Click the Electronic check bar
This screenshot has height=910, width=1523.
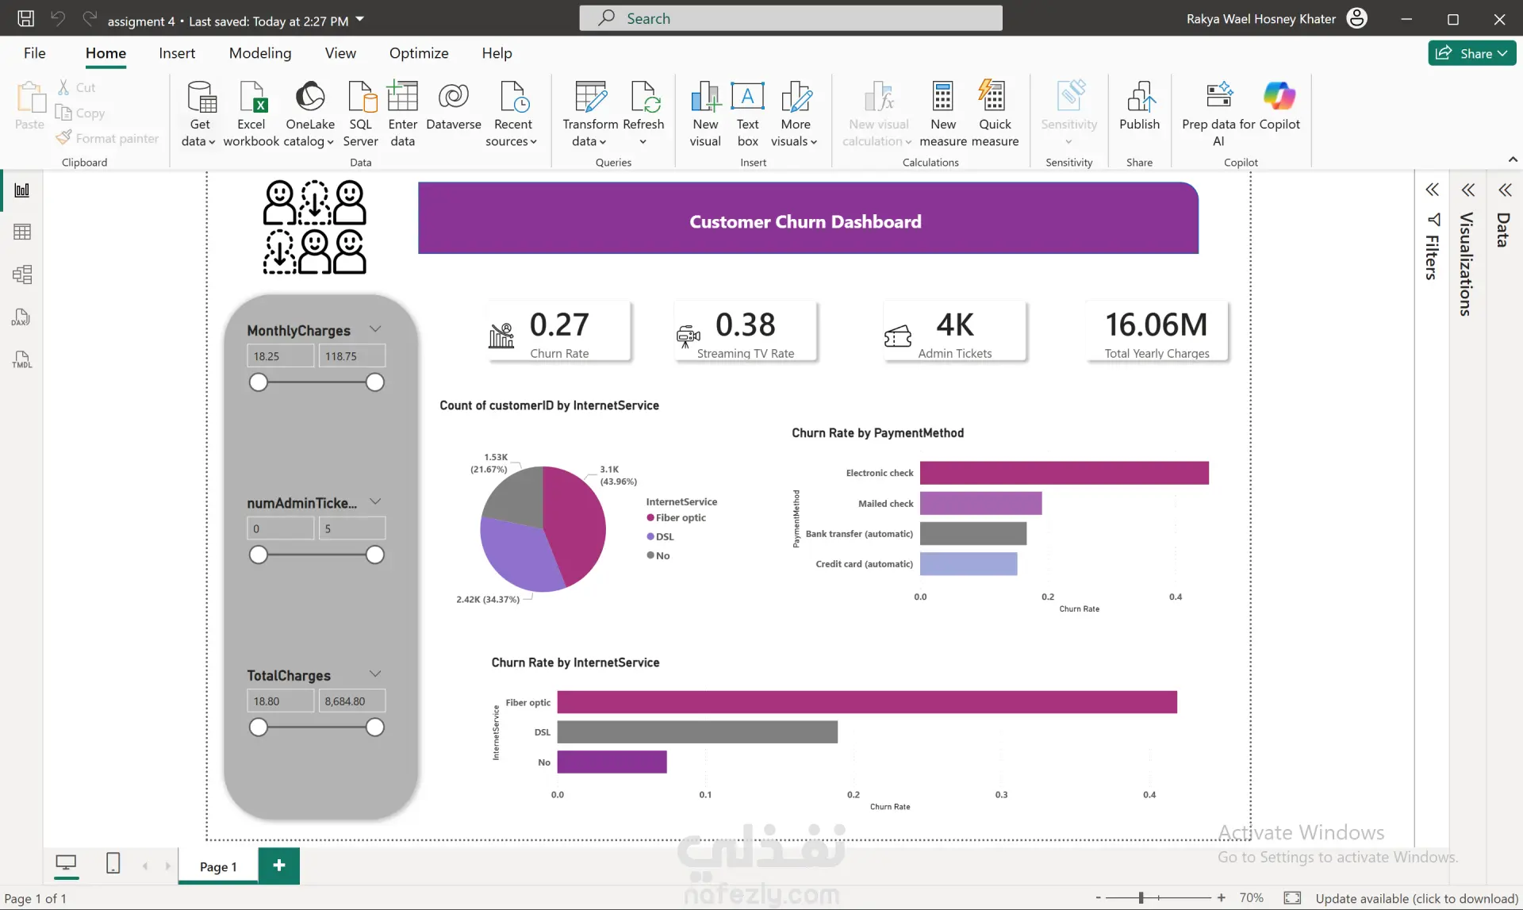pyautogui.click(x=1064, y=473)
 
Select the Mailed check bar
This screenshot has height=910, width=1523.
pyautogui.click(x=980, y=503)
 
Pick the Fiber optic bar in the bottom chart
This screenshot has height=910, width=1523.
pyautogui.click(x=867, y=702)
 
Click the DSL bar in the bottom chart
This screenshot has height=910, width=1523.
pyautogui.click(x=697, y=731)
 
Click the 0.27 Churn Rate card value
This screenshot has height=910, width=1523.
pyautogui.click(x=559, y=324)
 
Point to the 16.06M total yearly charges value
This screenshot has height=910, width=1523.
pyautogui.click(x=1157, y=324)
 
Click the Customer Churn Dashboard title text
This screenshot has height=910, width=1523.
pyautogui.click(x=805, y=222)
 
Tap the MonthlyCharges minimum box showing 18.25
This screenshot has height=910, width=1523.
pyautogui.click(x=281, y=356)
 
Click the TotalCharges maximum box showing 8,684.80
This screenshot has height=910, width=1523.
pyautogui.click(x=352, y=701)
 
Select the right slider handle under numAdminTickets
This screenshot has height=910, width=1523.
pyautogui.click(x=375, y=555)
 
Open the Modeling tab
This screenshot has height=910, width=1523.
pyautogui.click(x=260, y=53)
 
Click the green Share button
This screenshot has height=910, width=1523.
pyautogui.click(x=1472, y=53)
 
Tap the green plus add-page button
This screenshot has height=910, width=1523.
pyautogui.click(x=279, y=866)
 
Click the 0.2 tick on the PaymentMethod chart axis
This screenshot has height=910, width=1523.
pyautogui.click(x=1048, y=597)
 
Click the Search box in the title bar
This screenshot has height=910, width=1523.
pyautogui.click(x=791, y=18)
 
